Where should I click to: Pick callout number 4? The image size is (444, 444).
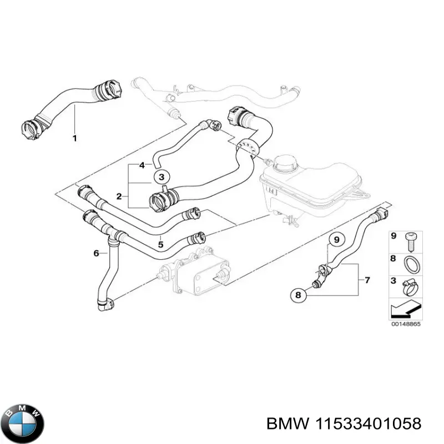[142, 165]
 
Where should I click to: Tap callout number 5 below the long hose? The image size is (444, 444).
[160, 243]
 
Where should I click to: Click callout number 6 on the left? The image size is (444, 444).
[96, 253]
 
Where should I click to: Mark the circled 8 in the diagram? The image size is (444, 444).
[297, 296]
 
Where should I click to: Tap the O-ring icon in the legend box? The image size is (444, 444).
[411, 264]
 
